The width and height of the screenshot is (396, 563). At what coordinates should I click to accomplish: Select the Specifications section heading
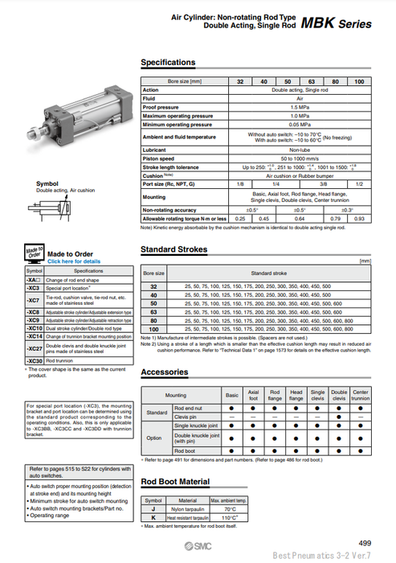tap(168, 63)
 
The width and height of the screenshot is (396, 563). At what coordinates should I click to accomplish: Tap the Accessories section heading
tap(165, 372)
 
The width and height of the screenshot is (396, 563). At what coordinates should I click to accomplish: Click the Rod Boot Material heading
tap(176, 482)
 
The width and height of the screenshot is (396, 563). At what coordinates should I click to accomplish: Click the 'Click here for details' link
tap(74, 261)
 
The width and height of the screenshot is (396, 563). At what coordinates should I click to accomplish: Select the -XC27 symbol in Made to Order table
tap(34, 350)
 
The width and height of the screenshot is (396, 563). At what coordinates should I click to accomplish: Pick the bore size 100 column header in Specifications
tap(359, 82)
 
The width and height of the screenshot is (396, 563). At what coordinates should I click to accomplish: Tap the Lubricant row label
tap(155, 150)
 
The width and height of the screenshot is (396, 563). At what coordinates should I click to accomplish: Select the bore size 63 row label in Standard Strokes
tap(153, 310)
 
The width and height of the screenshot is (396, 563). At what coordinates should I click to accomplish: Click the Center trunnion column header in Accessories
tap(361, 396)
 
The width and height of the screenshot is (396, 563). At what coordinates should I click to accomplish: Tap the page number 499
tap(364, 544)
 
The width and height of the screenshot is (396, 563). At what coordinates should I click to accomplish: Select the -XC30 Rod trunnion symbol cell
tap(34, 362)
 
